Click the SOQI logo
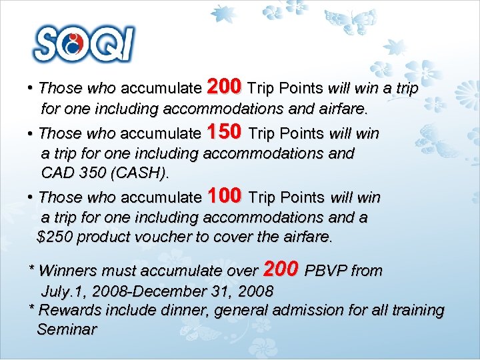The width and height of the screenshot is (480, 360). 84,44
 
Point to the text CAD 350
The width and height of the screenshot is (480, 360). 72,173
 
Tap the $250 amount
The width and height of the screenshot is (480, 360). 54,237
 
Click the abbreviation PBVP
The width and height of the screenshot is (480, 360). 325,271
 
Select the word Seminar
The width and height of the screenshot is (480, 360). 67,329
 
